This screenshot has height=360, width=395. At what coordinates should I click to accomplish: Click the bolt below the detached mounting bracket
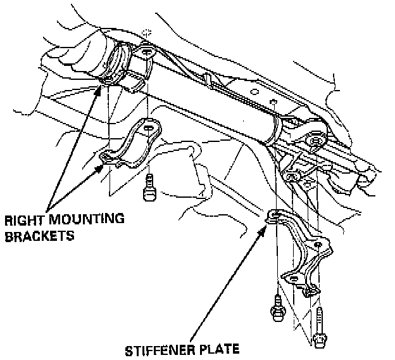[150, 188]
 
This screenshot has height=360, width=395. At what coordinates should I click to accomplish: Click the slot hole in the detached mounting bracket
[148, 129]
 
